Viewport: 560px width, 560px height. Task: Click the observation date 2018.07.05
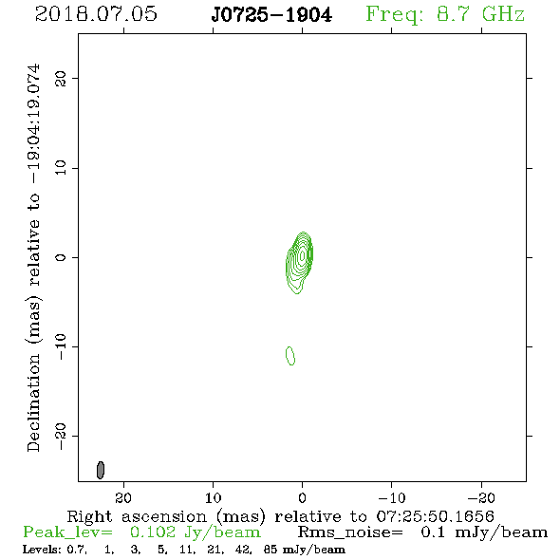[96, 14]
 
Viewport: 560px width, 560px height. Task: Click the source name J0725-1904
[271, 15]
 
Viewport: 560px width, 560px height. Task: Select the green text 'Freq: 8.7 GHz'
[445, 14]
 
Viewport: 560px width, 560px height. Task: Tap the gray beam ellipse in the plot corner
[101, 470]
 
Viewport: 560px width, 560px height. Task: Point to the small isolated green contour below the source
[290, 356]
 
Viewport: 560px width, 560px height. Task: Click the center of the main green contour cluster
[299, 263]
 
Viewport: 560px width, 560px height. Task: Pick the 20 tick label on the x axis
[123, 498]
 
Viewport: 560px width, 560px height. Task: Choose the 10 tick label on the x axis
[213, 498]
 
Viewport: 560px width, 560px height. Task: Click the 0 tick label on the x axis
[302, 498]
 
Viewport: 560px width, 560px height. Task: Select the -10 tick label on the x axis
[392, 498]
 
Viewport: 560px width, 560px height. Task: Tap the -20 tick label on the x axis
[481, 498]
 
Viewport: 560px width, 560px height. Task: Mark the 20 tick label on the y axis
[61, 78]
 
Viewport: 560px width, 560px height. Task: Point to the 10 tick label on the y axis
[61, 167]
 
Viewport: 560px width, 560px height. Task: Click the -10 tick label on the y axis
[61, 346]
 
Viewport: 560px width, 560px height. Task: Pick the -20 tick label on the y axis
[61, 436]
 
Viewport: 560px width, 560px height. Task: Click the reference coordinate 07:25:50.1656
[436, 516]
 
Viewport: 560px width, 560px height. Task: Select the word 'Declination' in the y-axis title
[33, 403]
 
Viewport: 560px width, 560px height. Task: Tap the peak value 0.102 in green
[153, 532]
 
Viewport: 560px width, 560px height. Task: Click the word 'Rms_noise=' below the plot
[350, 532]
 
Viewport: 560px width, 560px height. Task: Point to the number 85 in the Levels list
[270, 550]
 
